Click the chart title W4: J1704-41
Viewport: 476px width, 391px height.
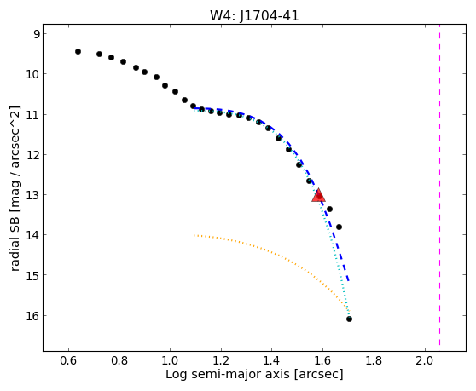point(254,15)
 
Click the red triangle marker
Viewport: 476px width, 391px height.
point(318,196)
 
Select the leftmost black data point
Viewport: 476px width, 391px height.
point(78,51)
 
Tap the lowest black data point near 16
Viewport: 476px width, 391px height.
point(349,319)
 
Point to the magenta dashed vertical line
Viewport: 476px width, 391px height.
point(439,188)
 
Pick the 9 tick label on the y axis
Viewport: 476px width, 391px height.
point(37,33)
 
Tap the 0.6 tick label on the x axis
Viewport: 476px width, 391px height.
point(68,360)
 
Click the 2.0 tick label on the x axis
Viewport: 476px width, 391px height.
point(425,360)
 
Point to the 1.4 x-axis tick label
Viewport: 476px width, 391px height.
point(272,360)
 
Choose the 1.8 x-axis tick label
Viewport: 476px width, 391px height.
point(374,360)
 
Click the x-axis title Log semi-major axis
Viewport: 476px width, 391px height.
point(228,375)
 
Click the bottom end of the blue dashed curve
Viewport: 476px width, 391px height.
point(349,280)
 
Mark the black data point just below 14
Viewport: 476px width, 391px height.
point(340,227)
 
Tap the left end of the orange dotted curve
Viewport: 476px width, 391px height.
point(194,235)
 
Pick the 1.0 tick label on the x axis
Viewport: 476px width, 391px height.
point(170,360)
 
